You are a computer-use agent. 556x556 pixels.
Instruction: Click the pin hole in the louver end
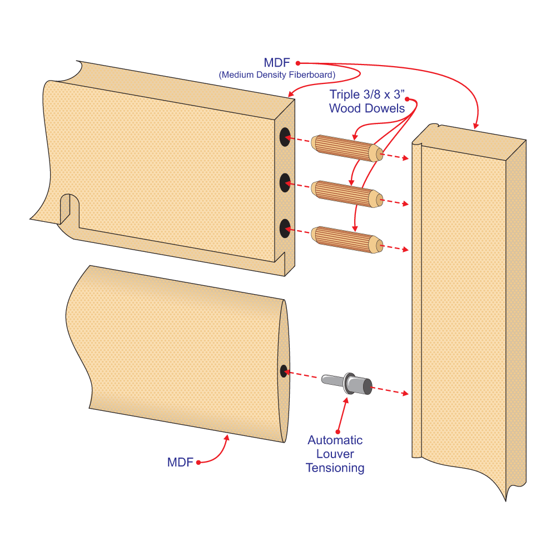[284, 371]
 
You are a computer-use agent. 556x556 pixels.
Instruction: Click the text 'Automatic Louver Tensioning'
[335, 454]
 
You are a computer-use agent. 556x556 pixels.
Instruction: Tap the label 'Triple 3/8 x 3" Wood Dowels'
[367, 101]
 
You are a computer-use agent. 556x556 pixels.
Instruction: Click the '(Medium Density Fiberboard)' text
[277, 75]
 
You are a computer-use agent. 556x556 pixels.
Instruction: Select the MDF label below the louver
[180, 462]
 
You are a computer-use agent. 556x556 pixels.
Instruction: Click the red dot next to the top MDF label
[297, 63]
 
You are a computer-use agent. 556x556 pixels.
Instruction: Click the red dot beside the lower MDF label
[198, 462]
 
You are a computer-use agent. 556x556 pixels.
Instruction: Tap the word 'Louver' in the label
[335, 454]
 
